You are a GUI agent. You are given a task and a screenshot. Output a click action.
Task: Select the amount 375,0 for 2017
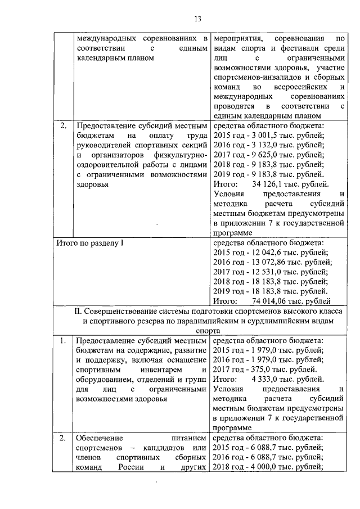[x=256, y=370]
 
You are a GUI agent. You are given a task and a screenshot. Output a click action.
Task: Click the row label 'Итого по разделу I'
[x=90, y=242]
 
